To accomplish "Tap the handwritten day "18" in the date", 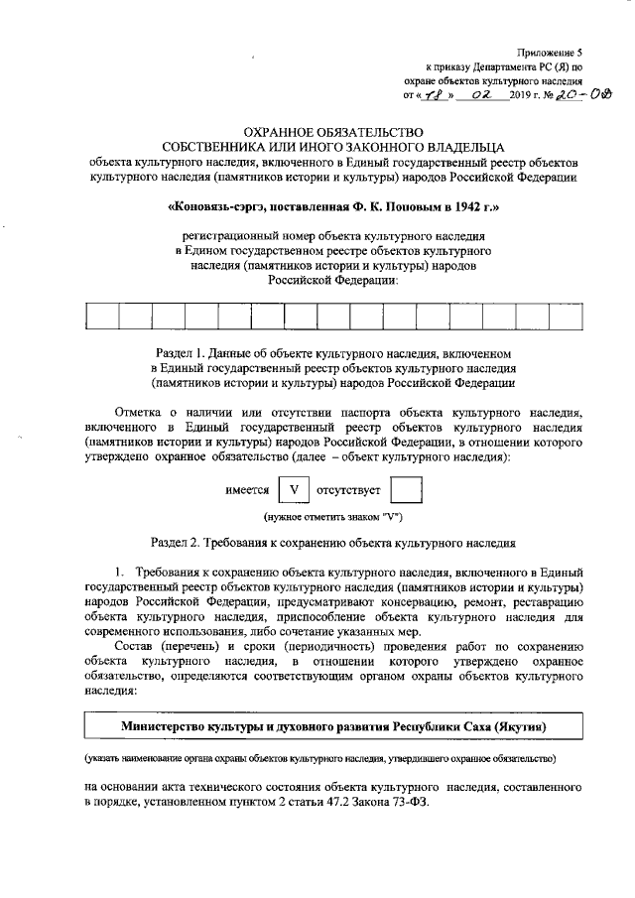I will point(434,95).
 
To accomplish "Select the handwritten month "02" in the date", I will point(483,95).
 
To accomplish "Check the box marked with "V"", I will point(293,490).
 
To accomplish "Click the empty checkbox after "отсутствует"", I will point(406,490).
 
